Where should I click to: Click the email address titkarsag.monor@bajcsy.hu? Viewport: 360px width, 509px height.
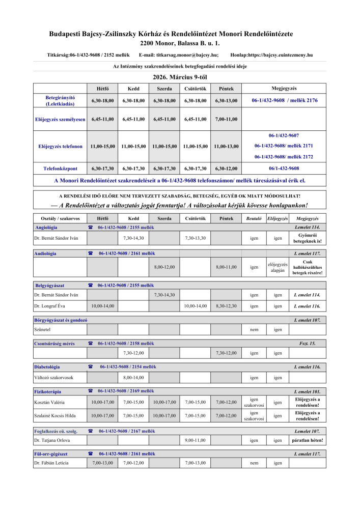pos(187,54)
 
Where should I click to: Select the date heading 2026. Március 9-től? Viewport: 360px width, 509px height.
pos(179,77)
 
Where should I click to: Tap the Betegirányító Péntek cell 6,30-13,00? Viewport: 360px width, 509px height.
pos(226,101)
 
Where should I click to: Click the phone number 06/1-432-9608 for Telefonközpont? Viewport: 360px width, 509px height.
pos(284,168)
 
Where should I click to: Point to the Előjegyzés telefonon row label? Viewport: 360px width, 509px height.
pos(60,147)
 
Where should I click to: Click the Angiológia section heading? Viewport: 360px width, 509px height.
pos(46,227)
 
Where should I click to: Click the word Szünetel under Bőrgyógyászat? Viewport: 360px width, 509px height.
pos(42,330)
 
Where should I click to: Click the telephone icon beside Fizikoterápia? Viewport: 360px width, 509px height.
pos(90,391)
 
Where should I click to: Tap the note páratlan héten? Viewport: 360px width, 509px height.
pos(307,440)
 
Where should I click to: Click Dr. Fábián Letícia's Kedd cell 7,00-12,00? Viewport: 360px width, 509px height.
pos(133,463)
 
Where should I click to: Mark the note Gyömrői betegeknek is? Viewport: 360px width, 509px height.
pos(307,238)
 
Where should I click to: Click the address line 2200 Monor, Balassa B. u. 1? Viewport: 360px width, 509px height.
pos(179,43)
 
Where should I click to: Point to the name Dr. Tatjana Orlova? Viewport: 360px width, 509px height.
pos(52,440)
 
